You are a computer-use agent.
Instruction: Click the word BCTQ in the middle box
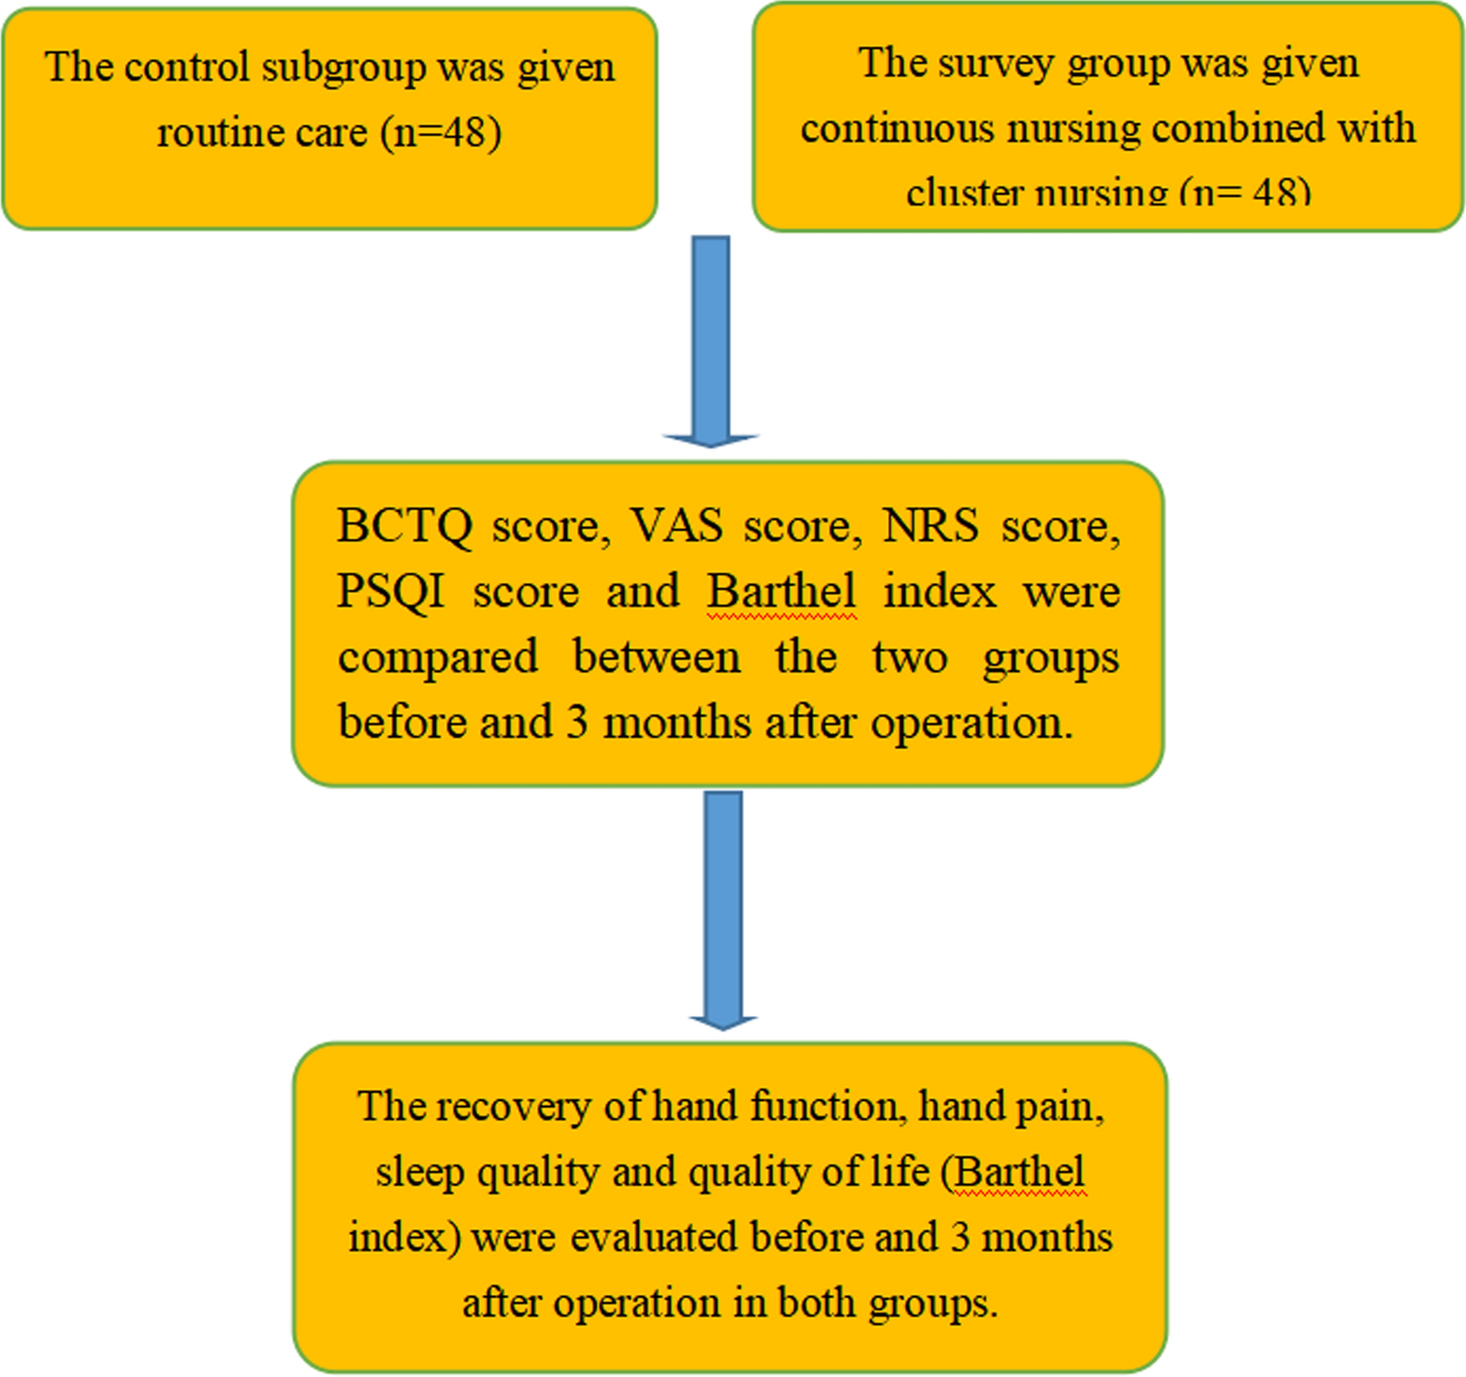(404, 527)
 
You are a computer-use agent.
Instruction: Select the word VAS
(676, 527)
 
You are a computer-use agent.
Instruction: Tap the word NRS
(930, 527)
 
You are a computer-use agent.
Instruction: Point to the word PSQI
(391, 591)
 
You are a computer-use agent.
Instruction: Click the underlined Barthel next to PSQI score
(782, 591)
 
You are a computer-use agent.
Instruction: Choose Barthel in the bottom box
(1020, 1172)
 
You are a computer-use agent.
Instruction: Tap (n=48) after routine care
(441, 133)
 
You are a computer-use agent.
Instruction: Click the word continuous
(897, 129)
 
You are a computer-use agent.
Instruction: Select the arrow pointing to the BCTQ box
(710, 340)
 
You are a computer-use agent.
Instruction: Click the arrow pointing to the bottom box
(723, 909)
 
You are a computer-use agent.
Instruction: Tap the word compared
(438, 657)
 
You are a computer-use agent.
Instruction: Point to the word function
(824, 1106)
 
